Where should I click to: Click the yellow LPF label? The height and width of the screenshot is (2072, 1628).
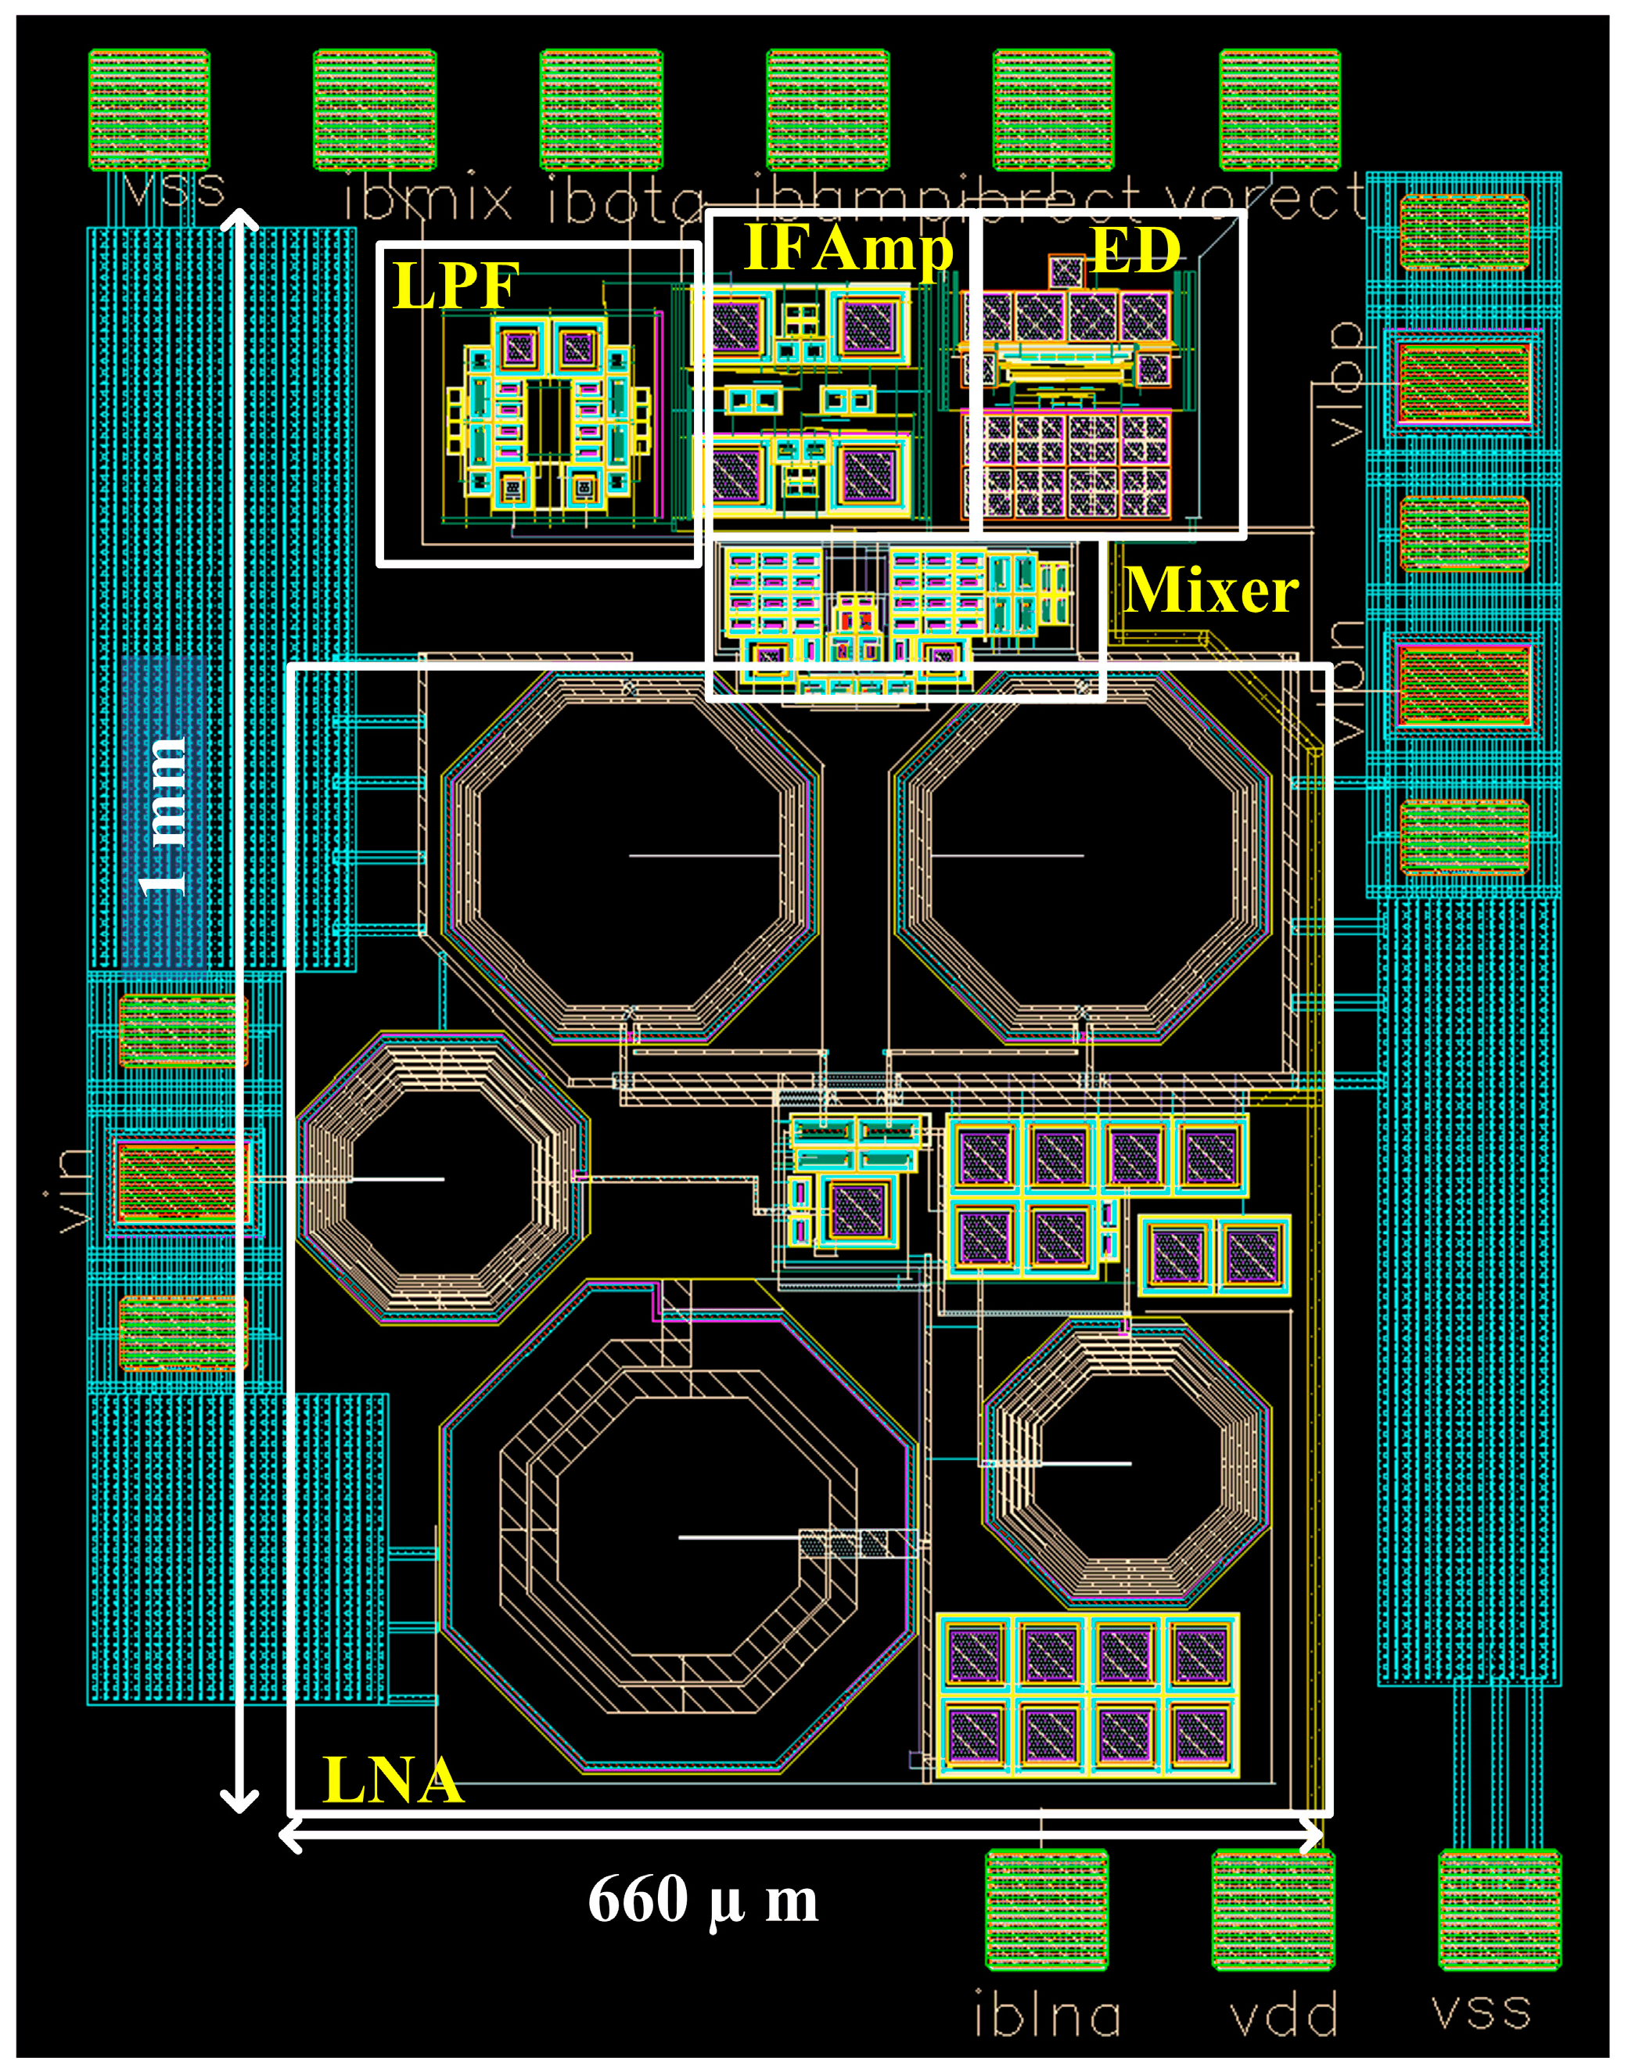455,285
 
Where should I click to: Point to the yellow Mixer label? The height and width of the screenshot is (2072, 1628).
1210,590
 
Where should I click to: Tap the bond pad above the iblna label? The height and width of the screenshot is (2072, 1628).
1047,1909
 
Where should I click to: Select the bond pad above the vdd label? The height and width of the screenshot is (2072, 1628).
1273,1909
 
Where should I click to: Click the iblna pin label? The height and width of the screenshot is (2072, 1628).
1047,2016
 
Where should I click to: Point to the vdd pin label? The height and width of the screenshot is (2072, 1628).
1282,2016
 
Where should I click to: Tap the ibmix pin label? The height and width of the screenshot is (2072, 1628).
428,200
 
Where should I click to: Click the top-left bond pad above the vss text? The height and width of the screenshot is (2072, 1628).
149,110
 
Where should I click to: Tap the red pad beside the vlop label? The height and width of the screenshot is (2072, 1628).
1463,383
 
